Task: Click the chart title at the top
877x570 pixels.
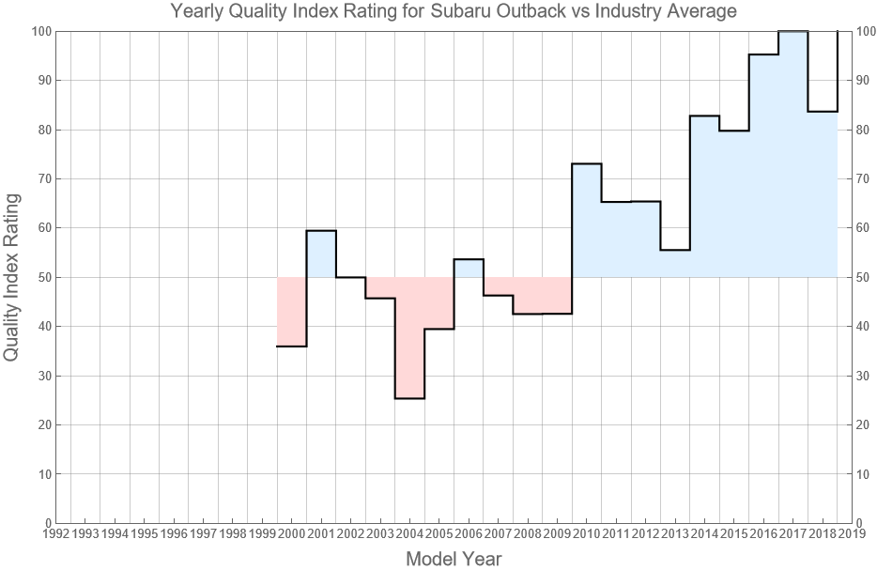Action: tap(454, 11)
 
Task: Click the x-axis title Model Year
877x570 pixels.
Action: tap(454, 559)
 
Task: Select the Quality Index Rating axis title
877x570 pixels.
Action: tap(12, 277)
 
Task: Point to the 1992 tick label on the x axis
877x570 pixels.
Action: tap(55, 534)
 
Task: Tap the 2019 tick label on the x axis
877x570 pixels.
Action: tap(853, 534)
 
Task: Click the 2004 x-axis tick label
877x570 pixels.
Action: tap(409, 534)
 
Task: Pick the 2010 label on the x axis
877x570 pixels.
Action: tap(587, 534)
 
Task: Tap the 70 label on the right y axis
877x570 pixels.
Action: tap(865, 178)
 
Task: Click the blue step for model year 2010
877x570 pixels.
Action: tap(587, 221)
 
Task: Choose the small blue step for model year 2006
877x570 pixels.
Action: tap(469, 268)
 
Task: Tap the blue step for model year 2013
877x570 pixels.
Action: tap(675, 264)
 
